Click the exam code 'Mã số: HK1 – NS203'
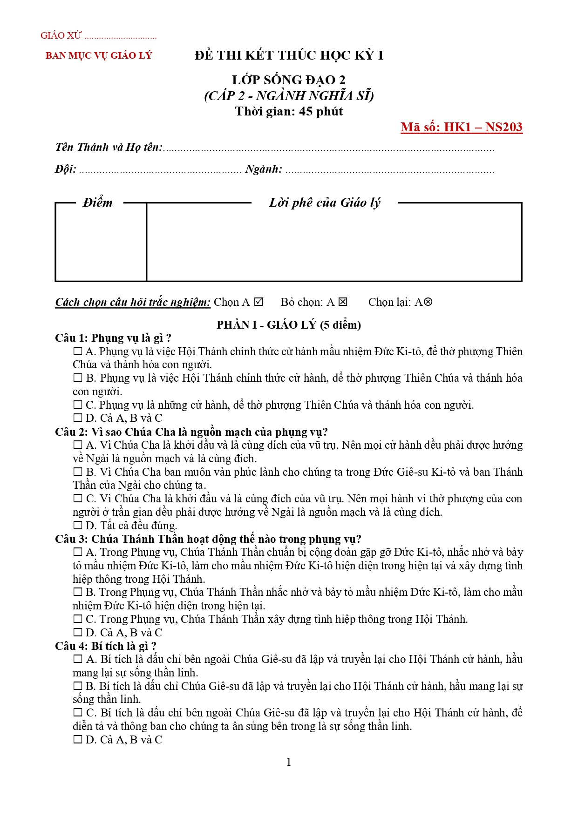point(461,127)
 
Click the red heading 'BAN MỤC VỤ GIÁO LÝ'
point(99,55)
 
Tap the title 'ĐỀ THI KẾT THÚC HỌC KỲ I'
point(289,55)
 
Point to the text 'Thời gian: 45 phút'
point(289,112)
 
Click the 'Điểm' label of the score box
point(98,203)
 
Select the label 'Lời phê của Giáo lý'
point(325,203)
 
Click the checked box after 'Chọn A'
point(259,302)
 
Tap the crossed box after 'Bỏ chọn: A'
point(343,302)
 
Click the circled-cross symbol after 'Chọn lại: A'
point(428,302)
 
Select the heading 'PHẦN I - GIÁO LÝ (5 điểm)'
point(289,325)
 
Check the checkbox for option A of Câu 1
point(78,351)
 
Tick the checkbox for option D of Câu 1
point(78,418)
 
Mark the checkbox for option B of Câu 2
point(78,472)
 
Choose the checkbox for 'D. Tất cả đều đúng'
point(78,526)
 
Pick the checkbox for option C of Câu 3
point(78,619)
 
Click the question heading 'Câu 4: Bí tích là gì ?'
point(106,646)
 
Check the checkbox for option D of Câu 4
point(78,740)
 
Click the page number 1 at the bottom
point(289,762)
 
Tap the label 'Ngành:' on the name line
point(264,169)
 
